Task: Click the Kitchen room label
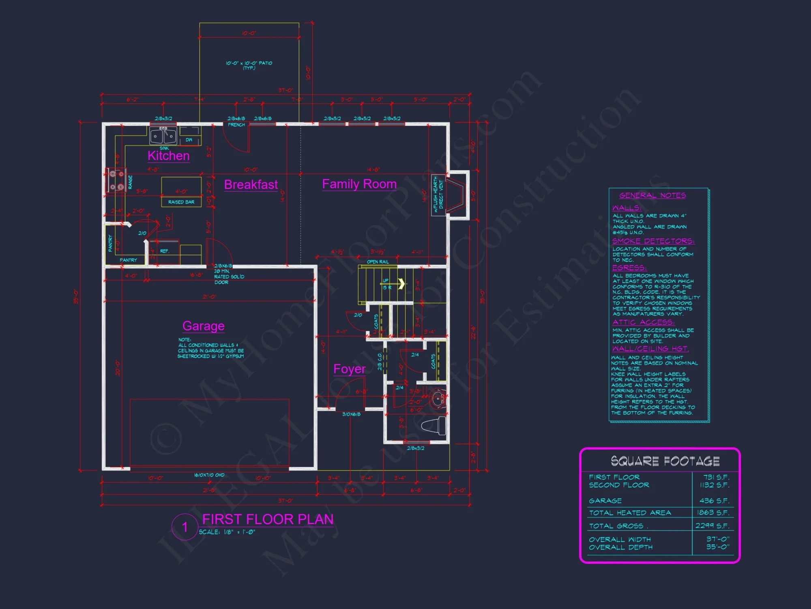(x=168, y=156)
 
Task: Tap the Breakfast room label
(x=251, y=185)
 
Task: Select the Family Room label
(x=359, y=184)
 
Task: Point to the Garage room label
(x=203, y=326)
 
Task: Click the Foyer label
(x=349, y=369)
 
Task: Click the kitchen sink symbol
(x=163, y=136)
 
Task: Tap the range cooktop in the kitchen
(x=116, y=180)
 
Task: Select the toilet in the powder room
(x=435, y=425)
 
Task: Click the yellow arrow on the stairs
(x=401, y=283)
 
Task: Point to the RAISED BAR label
(x=181, y=202)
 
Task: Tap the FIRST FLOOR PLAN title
(x=268, y=519)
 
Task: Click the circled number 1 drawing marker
(x=185, y=527)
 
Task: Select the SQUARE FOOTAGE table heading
(x=665, y=461)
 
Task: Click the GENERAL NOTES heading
(x=652, y=196)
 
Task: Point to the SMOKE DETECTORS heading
(x=653, y=241)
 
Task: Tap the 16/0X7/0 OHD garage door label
(x=209, y=475)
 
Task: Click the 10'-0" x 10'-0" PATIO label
(x=249, y=65)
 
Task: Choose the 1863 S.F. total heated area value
(x=713, y=513)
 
